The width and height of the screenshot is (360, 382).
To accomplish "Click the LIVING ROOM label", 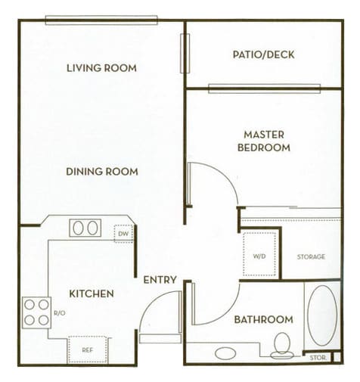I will (x=101, y=68).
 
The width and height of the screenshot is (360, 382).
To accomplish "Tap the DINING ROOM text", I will (x=101, y=172).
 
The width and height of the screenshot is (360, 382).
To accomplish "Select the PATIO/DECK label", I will (x=264, y=54).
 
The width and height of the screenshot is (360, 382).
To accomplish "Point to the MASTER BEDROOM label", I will (x=263, y=141).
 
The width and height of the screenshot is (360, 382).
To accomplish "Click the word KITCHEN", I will (x=92, y=293).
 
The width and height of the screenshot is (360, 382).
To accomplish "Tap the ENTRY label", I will (x=160, y=280).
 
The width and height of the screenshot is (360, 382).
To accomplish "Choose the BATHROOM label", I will (x=262, y=319).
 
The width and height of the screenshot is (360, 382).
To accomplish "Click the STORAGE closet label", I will (x=311, y=257).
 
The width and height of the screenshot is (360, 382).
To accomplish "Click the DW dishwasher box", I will (x=123, y=234).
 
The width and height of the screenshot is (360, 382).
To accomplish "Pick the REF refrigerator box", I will (x=88, y=349).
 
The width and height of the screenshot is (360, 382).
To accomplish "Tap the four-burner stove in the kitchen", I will (x=36, y=312).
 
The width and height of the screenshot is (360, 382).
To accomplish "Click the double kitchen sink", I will (x=85, y=228).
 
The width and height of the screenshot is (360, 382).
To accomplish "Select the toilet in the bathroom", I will (x=283, y=344).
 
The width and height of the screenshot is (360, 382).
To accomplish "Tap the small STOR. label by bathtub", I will (x=316, y=356).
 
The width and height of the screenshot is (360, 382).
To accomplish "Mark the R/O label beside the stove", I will (x=58, y=312).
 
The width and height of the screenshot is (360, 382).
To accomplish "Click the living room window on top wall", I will (x=101, y=20).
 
